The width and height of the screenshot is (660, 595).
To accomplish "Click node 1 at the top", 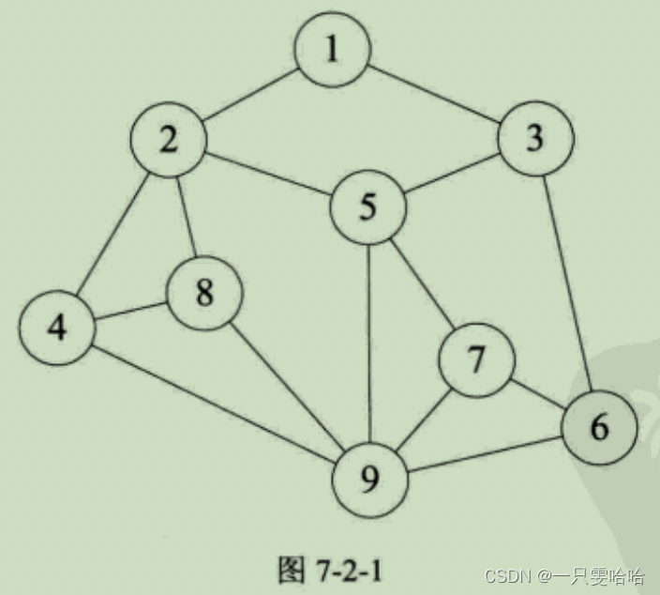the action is click(x=332, y=50).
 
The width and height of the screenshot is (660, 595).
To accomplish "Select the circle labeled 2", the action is click(x=169, y=141).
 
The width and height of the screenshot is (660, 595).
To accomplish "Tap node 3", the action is click(x=534, y=140).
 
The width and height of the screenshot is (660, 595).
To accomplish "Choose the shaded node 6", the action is click(x=598, y=428).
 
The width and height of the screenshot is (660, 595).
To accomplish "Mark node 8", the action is click(x=204, y=293).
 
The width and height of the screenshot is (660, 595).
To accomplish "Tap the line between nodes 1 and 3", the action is click(x=433, y=95).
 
